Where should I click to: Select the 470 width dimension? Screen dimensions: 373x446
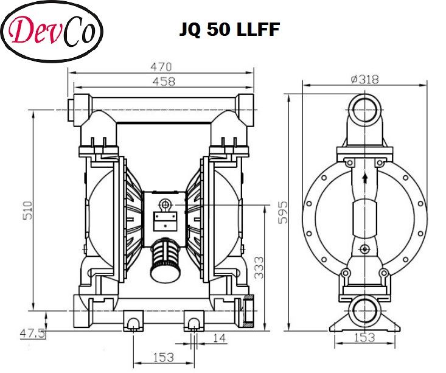162,67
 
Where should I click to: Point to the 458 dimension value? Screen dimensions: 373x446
162,81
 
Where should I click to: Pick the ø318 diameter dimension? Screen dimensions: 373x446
364,78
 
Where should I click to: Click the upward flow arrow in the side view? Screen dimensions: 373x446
364,178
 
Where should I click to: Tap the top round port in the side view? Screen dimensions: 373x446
364,111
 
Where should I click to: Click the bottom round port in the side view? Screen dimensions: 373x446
364,308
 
